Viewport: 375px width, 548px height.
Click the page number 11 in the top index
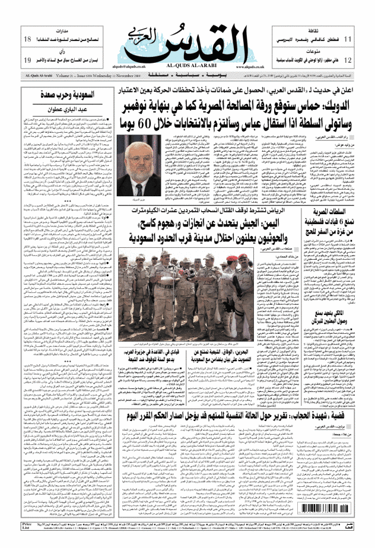[348, 39]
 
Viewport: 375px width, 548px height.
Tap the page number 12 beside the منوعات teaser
[348, 60]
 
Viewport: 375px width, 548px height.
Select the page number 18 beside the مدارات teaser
[27, 39]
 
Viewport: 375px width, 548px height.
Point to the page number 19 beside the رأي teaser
[27, 60]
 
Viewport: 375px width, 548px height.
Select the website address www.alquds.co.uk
[237, 68]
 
